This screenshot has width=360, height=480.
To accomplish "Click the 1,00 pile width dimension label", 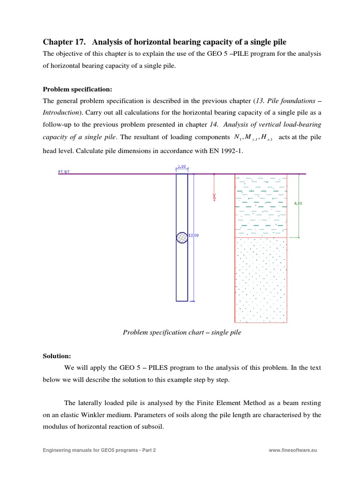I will coord(182,166).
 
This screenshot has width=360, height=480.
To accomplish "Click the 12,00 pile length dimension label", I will coord(194,235).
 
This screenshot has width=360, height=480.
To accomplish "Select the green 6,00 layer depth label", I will coord(298,203).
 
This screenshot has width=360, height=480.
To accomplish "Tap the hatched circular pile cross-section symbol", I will coord(182,238).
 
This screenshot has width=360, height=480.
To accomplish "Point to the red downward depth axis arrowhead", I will coord(214,194).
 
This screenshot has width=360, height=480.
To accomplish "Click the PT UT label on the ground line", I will coord(64,172).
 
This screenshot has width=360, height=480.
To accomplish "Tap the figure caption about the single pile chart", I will coord(182,332).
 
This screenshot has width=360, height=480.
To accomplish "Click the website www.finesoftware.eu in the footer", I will coord(293,450).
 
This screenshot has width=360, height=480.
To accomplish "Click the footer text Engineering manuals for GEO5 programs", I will coord(99,450).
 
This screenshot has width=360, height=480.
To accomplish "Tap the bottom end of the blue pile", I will coord(182,300).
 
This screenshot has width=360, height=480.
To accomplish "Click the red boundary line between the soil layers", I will coord(261,238).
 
